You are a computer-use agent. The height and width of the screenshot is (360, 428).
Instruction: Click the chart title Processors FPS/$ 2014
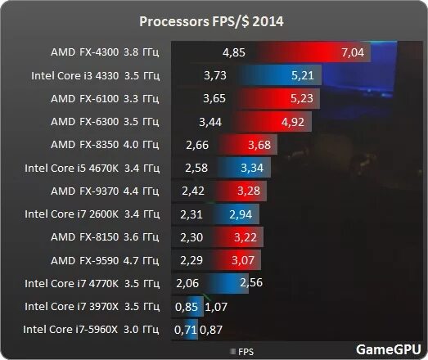214,20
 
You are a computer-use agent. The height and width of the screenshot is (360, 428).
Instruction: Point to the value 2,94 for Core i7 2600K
240,214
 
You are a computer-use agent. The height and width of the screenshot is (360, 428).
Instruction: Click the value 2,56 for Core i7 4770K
251,283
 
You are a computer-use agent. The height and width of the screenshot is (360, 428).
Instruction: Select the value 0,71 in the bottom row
186,330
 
